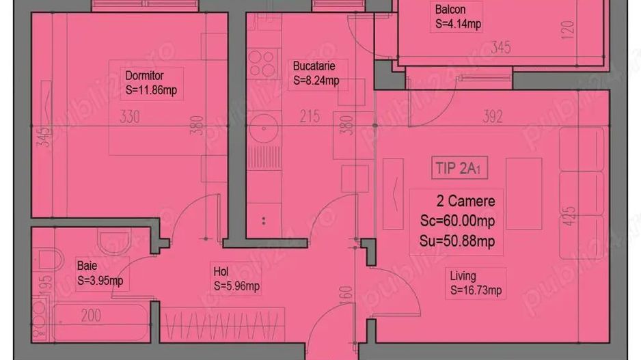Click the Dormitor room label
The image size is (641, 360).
pos(144,75)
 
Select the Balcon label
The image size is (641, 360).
pos(450,10)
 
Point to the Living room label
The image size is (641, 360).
pos(463,276)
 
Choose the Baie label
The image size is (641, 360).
pos(87,265)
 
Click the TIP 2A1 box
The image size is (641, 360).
pos(461,167)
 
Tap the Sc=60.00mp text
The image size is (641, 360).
pos(457,221)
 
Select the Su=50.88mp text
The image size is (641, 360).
pos(457,241)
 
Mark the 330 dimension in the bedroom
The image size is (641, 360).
pos(129,117)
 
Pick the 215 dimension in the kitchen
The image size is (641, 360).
pos(310,117)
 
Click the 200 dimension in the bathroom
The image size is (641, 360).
pos(90,315)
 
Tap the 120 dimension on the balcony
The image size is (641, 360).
pos(568,29)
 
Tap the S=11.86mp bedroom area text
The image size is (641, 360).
pos(152,89)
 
